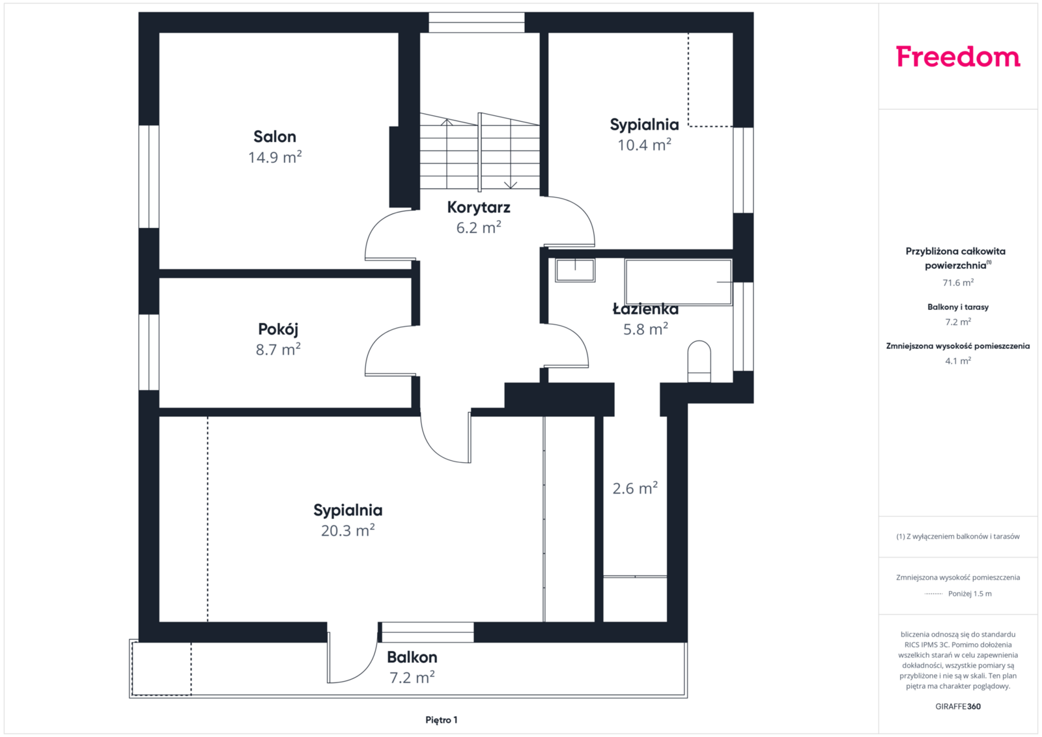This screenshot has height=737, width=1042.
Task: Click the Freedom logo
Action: pyautogui.click(x=958, y=57)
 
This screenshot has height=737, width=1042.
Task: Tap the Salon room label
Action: pyautogui.click(x=274, y=137)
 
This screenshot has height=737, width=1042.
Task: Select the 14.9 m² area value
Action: pyautogui.click(x=275, y=157)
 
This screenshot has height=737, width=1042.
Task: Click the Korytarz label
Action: pyautogui.click(x=479, y=208)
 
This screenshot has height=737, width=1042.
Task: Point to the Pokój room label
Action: pyautogui.click(x=278, y=329)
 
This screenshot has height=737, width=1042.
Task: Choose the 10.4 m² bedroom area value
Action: pyautogui.click(x=644, y=145)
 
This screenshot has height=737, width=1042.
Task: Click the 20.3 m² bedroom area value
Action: pyautogui.click(x=348, y=530)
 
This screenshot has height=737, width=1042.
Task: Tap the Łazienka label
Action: pyautogui.click(x=645, y=309)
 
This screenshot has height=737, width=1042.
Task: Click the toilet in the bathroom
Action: pyautogui.click(x=699, y=361)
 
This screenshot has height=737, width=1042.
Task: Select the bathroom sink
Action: pyautogui.click(x=575, y=270)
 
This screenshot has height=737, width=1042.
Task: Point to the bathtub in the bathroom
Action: pyautogui.click(x=678, y=283)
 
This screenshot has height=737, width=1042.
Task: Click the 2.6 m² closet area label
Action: pyautogui.click(x=635, y=488)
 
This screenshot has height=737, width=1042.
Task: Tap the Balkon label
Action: pyautogui.click(x=412, y=657)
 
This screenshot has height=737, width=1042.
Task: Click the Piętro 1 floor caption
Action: pyautogui.click(x=442, y=720)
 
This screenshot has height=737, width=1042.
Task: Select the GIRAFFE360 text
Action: pyautogui.click(x=958, y=706)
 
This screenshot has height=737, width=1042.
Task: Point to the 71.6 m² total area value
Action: pyautogui.click(x=958, y=283)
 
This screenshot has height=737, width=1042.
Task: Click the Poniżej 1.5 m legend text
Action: pyautogui.click(x=970, y=593)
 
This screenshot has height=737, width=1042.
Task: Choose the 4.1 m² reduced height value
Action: pyautogui.click(x=958, y=361)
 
